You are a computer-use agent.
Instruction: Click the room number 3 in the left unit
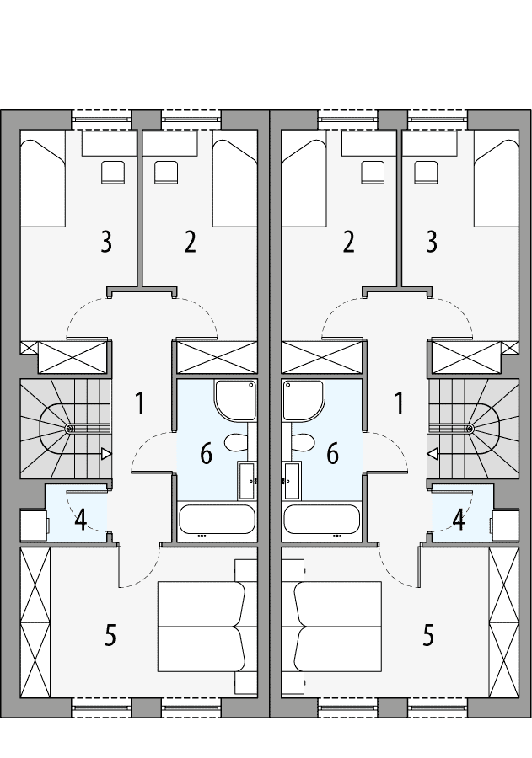click(105, 243)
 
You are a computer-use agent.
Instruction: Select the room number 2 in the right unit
click(348, 243)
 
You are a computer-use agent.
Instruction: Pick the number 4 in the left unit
click(80, 520)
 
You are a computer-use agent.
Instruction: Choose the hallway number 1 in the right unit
click(398, 403)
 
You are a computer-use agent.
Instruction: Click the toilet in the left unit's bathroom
click(235, 441)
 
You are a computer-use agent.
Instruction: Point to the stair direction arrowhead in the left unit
click(106, 454)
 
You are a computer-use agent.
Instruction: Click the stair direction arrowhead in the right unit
click(433, 454)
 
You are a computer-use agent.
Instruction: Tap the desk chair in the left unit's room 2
click(167, 172)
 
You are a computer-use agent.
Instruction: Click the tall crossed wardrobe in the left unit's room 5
click(35, 622)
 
